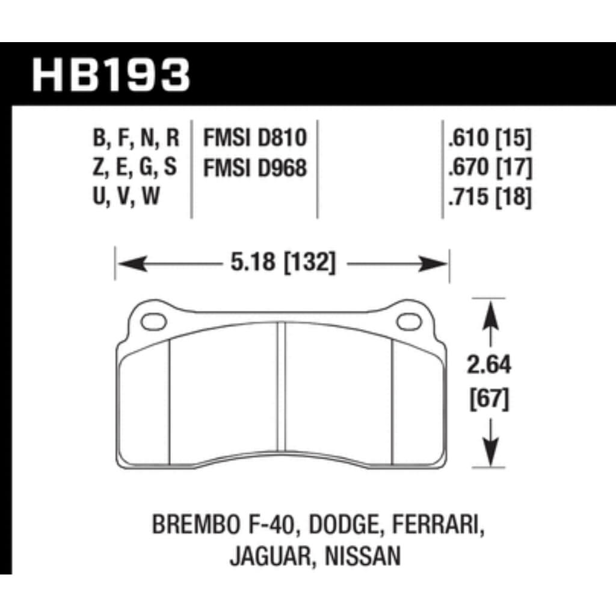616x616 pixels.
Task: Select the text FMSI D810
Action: pos(255,139)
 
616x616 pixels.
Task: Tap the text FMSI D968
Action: pos(255,168)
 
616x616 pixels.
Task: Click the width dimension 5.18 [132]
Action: pos(282,263)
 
